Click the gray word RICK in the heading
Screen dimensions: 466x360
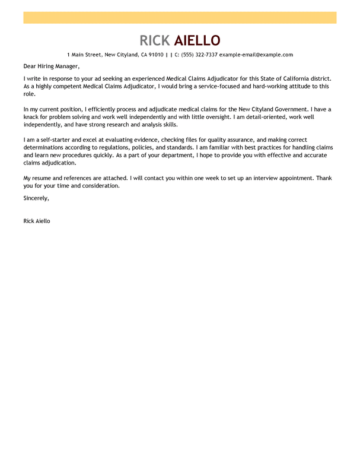tap(155, 40)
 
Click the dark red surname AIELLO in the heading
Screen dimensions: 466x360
tap(197, 40)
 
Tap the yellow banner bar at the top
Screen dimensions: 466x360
tap(180, 18)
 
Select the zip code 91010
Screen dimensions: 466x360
tap(157, 55)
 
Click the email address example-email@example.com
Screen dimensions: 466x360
tap(256, 55)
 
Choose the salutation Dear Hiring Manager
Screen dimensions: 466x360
tap(51, 66)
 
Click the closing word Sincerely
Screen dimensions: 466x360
tap(36, 198)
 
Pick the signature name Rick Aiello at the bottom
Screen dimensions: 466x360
tap(37, 221)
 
